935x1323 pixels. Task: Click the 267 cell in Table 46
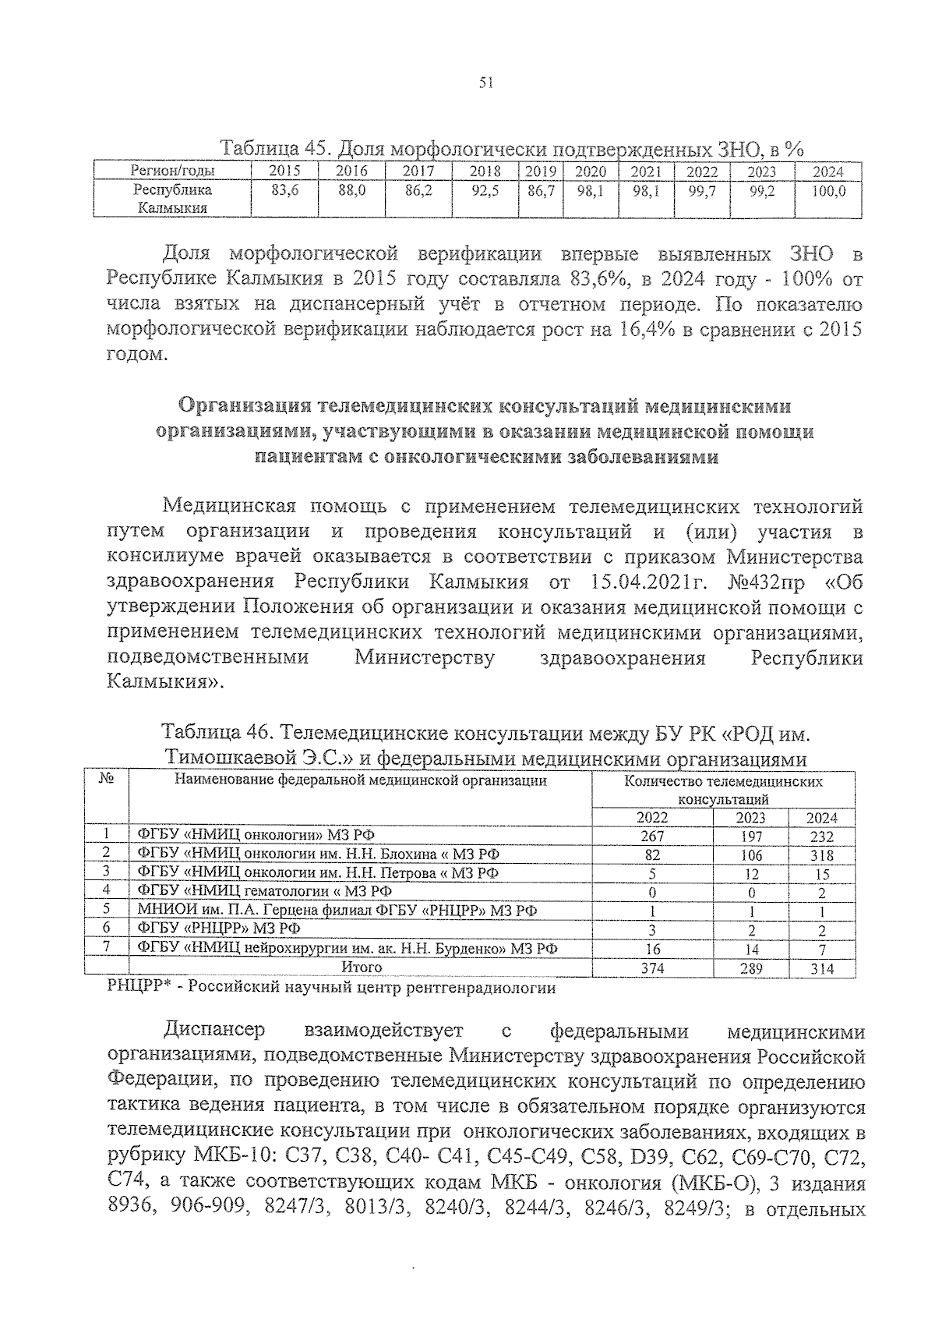[x=651, y=837]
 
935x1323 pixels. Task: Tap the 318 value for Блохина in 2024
[x=821, y=855]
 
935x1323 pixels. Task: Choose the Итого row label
[x=362, y=967]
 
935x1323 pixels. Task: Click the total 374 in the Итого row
[x=651, y=968]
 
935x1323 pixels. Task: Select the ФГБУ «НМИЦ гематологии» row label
[x=265, y=892]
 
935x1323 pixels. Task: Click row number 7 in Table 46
[x=107, y=948]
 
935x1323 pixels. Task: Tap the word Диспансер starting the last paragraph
[x=215, y=1031]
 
